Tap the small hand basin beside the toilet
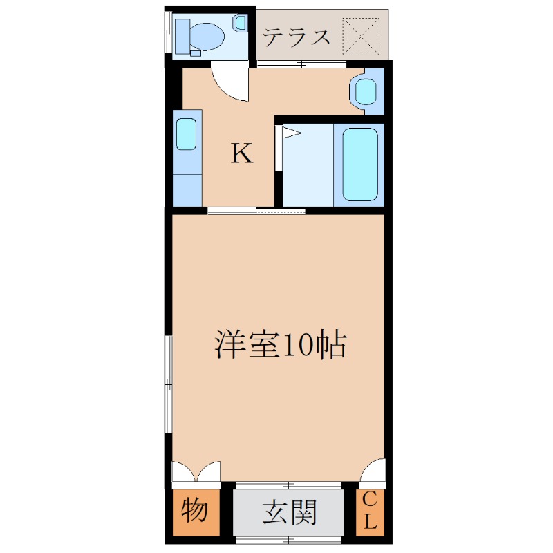coord(240,23)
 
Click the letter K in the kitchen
coord(241,153)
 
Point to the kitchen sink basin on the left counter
coord(187,134)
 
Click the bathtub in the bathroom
coord(360,165)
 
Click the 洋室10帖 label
coord(280,344)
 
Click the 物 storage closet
coord(194,512)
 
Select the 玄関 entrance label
coord(289,513)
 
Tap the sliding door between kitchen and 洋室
coord(256,211)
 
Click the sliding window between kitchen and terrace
coord(301,65)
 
